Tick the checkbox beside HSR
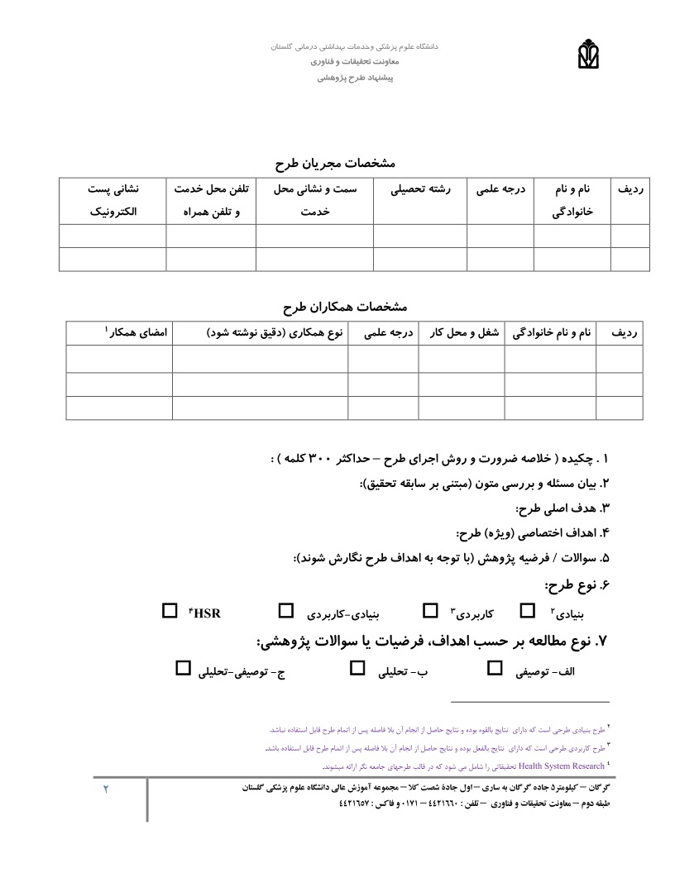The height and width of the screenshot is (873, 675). pyautogui.click(x=170, y=611)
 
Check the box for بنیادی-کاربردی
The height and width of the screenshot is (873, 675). pyautogui.click(x=285, y=611)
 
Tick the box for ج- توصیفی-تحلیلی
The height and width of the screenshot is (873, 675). pyautogui.click(x=184, y=668)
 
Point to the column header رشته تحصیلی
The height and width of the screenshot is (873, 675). pyautogui.click(x=421, y=189)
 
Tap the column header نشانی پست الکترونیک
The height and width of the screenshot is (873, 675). pyautogui.click(x=113, y=200)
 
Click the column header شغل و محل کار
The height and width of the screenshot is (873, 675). pyautogui.click(x=462, y=332)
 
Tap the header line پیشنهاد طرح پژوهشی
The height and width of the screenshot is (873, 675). pyautogui.click(x=357, y=79)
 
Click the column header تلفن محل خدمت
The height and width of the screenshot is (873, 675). pyautogui.click(x=211, y=189)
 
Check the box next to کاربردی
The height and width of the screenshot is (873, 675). pyautogui.click(x=431, y=611)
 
